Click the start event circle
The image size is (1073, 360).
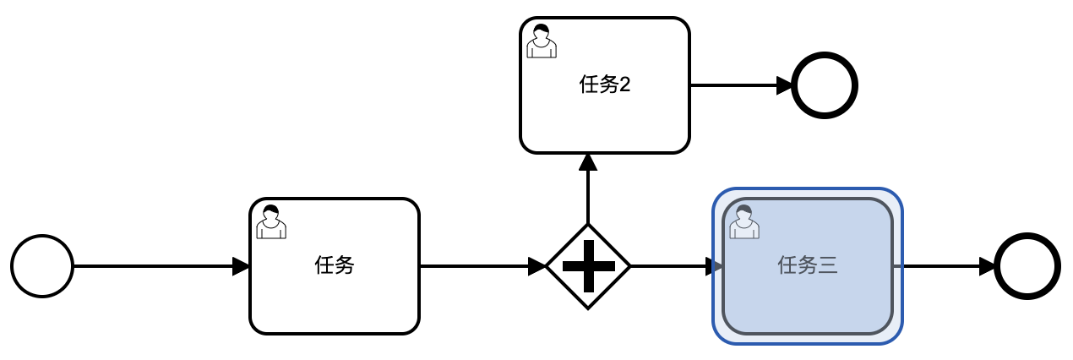[x=42, y=266]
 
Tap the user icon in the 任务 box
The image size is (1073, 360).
[x=270, y=221]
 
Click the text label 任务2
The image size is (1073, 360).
[x=604, y=85]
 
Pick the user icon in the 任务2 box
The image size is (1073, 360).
[x=542, y=41]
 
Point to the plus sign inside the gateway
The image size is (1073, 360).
[x=588, y=266]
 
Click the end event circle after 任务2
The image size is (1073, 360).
[x=825, y=85]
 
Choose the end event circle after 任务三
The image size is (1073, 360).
[x=1027, y=266]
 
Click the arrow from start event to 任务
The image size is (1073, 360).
[x=152, y=266]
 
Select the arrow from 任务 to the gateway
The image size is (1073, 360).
[x=477, y=266]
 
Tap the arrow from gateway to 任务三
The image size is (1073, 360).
[x=672, y=266]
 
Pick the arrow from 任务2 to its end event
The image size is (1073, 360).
[x=735, y=85]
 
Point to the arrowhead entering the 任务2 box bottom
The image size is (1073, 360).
[x=588, y=162]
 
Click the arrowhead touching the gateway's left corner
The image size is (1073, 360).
[x=537, y=266]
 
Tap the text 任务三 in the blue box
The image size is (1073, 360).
[x=807, y=266]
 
